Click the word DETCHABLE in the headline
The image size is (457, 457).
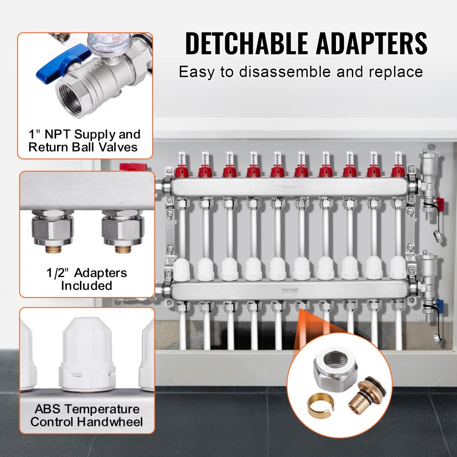coord(245,44)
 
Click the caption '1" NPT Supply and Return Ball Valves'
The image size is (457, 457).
coord(85,141)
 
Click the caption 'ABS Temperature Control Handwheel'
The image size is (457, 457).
coord(86,415)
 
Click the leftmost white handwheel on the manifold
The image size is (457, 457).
coord(181,269)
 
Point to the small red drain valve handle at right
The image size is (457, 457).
coord(438,201)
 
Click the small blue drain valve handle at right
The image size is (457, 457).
coord(438,303)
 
